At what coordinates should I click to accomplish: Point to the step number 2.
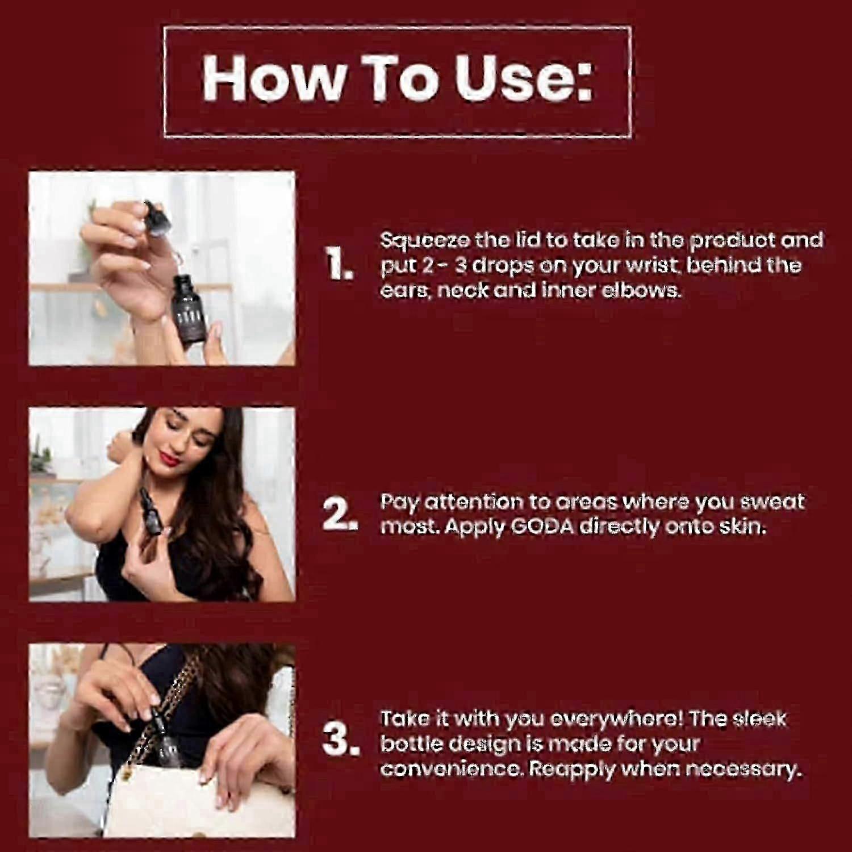tap(340, 515)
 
